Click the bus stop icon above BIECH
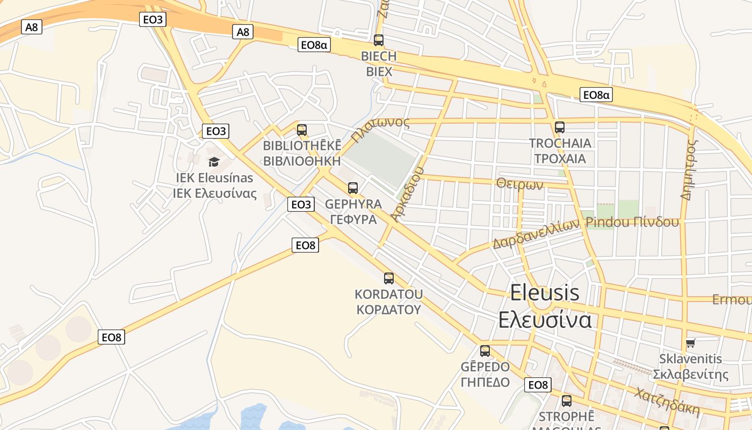(379, 40)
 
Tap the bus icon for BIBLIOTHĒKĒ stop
(302, 130)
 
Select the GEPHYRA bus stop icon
(353, 188)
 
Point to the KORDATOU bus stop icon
(389, 278)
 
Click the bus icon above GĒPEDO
(485, 351)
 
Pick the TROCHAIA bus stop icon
(560, 127)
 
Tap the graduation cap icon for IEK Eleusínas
(214, 162)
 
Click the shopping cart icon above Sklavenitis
(691, 343)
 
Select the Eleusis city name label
(545, 293)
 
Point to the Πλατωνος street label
(380, 130)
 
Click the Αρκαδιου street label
(408, 194)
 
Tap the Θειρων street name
(520, 184)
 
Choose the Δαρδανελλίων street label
(536, 234)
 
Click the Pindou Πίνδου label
(632, 222)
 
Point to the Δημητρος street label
(689, 170)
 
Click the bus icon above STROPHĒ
(567, 400)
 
